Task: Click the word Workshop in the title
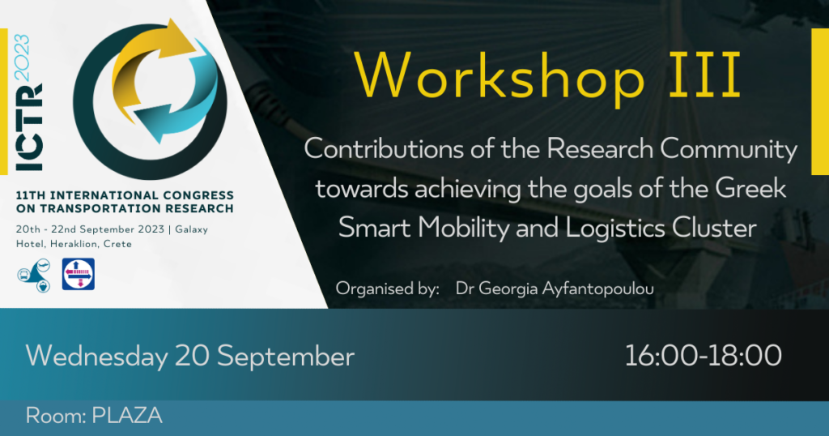(500, 75)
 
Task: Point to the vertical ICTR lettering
(30, 127)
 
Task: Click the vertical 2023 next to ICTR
(22, 58)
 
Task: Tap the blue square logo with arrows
(79, 274)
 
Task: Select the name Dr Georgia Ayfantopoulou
(555, 289)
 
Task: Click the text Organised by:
(388, 289)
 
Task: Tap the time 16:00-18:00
(704, 355)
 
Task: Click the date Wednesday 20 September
(189, 356)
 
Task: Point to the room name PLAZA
(127, 416)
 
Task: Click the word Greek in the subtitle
(750, 188)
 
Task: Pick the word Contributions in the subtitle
(384, 148)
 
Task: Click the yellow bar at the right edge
(820, 101)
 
